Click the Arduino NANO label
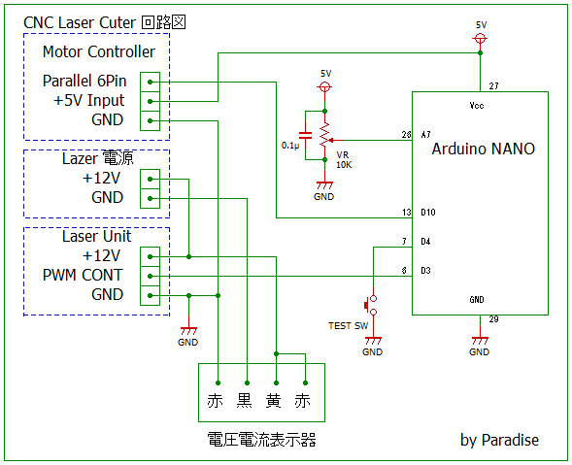[483, 149]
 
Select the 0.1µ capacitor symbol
[305, 135]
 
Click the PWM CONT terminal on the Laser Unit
[150, 276]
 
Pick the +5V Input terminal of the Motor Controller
[150, 101]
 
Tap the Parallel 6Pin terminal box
[150, 83]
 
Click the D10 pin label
[428, 213]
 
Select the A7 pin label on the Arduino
[425, 135]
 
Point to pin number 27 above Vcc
[493, 86]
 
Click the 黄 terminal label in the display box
[274, 401]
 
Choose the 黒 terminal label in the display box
[245, 401]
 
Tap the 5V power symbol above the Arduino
[480, 38]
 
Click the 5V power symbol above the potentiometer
[324, 86]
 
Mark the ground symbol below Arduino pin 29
[480, 341]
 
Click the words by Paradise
[499, 440]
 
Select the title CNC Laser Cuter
[80, 22]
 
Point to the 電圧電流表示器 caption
[261, 440]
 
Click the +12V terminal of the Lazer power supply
[150, 179]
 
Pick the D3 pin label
[425, 271]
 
